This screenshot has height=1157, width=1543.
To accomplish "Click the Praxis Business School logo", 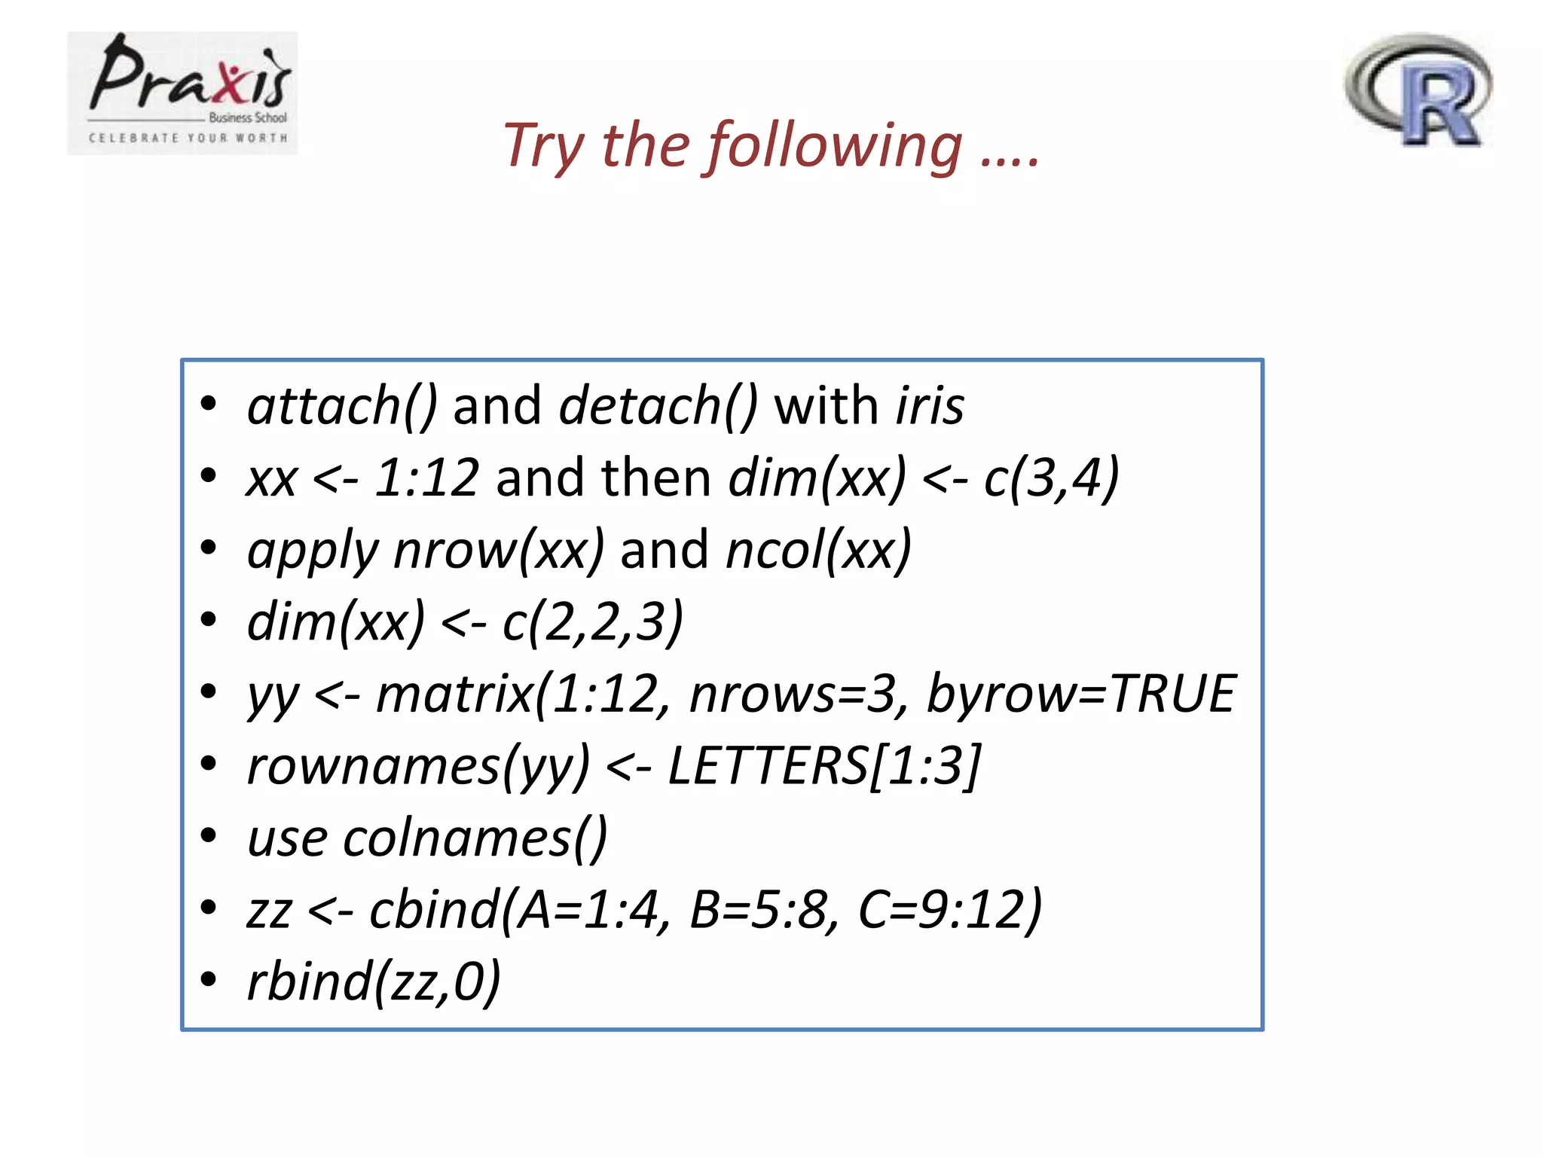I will point(182,93).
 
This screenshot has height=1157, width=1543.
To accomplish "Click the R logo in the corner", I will point(1419,90).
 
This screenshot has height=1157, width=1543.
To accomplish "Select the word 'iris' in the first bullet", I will point(930,405).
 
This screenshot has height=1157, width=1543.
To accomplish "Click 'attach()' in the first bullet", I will point(342,405).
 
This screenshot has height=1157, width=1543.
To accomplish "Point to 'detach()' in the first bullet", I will point(658,405).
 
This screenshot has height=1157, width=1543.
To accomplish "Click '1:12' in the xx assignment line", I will point(426,478).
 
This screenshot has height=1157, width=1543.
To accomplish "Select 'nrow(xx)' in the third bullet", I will point(499,550).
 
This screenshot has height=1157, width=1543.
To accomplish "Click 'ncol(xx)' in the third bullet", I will point(818,550).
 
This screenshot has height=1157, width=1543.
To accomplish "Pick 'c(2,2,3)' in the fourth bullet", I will point(592,622).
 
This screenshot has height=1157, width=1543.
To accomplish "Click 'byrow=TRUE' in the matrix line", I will point(1080,694).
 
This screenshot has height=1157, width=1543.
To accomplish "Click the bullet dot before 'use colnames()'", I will point(209,835).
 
